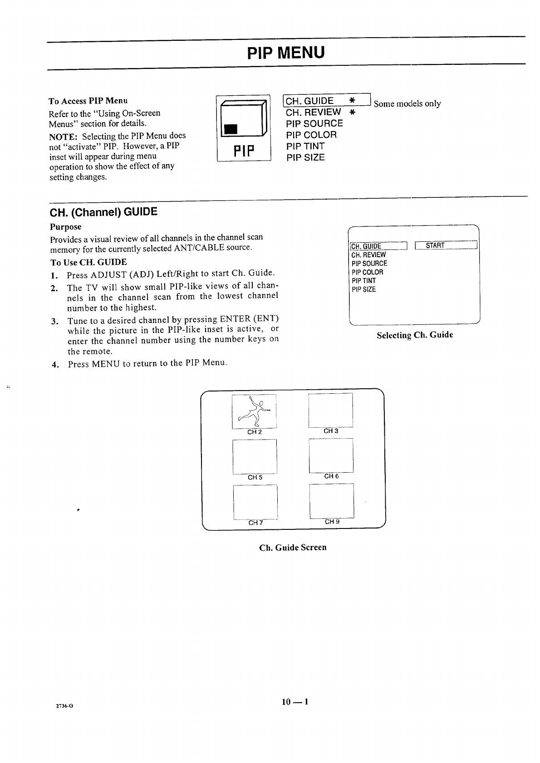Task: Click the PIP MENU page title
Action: point(286,53)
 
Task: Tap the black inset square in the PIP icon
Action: point(231,129)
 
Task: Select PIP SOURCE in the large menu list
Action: point(314,123)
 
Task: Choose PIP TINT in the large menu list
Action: point(305,146)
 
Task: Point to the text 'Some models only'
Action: point(407,104)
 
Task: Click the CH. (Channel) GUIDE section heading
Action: point(103,212)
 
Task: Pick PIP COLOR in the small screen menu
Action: point(367,272)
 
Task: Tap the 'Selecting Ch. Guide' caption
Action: point(415,335)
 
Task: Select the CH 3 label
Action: point(331,431)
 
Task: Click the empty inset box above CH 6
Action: point(331,455)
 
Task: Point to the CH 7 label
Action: point(255,523)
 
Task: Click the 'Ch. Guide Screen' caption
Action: point(293,548)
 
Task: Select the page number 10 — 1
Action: point(295,702)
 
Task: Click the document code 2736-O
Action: point(65,706)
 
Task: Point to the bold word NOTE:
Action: point(63,136)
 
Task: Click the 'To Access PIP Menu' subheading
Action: point(88,100)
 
